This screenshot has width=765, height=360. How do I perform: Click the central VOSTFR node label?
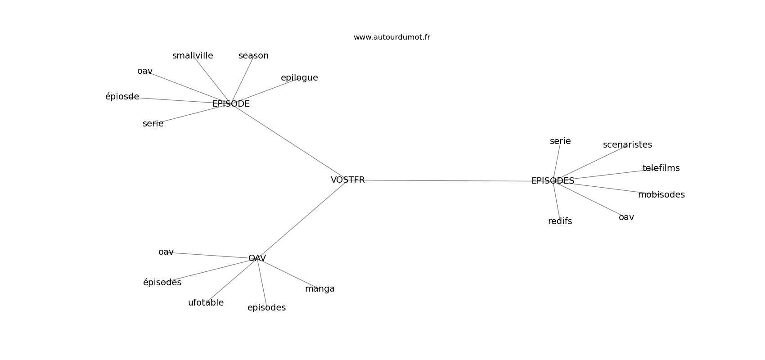click(347, 180)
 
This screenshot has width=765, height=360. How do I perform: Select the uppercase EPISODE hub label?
click(231, 104)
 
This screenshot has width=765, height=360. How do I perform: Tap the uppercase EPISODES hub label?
click(553, 181)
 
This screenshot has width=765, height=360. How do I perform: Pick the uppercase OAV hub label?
click(257, 258)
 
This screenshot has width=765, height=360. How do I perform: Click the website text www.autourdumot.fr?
click(391, 37)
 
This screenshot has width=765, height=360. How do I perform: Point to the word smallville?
click(193, 56)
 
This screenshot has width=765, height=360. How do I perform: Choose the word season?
click(253, 56)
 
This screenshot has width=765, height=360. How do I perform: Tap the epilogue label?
click(299, 78)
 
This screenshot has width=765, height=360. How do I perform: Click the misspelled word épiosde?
click(122, 97)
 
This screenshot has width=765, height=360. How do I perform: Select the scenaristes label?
click(627, 145)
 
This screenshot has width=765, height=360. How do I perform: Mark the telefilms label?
click(661, 168)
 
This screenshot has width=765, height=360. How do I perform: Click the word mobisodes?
click(661, 195)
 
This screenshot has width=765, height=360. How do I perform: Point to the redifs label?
click(560, 221)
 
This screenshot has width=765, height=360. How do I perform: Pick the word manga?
click(319, 289)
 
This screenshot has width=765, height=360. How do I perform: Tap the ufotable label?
click(206, 303)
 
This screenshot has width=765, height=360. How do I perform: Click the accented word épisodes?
click(162, 283)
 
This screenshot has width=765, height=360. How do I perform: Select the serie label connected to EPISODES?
click(560, 141)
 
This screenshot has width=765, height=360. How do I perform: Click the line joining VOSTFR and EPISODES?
click(450, 180)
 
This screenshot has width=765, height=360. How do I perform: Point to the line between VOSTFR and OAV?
click(301, 219)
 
